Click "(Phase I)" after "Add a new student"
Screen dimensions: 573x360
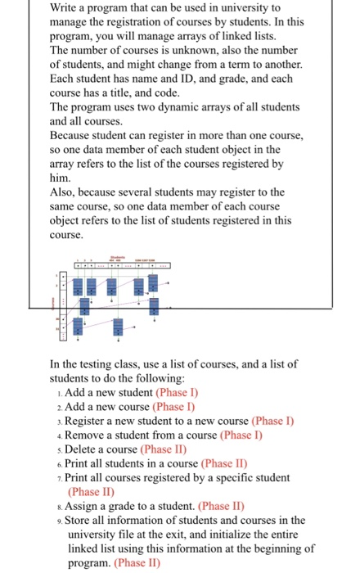[x=178, y=392]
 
